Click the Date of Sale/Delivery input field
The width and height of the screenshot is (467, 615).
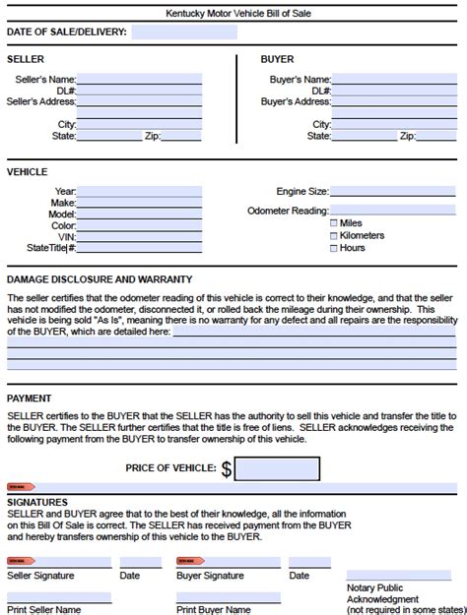pyautogui.click(x=183, y=32)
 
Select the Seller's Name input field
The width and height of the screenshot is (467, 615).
pyautogui.click(x=139, y=79)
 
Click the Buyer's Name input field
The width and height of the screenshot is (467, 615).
pyautogui.click(x=394, y=79)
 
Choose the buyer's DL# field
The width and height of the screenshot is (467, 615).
pyautogui.click(x=394, y=91)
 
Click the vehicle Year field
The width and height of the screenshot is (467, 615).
pyautogui.click(x=139, y=192)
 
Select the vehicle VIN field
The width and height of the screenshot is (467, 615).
pyautogui.click(x=139, y=236)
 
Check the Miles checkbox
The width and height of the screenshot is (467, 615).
pyautogui.click(x=334, y=223)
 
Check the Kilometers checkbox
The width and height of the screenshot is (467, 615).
pyautogui.click(x=334, y=235)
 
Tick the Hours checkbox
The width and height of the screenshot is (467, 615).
pyautogui.click(x=334, y=247)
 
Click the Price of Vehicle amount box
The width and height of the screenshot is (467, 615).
pyautogui.click(x=277, y=468)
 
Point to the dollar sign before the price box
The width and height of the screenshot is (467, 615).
pyautogui.click(x=226, y=469)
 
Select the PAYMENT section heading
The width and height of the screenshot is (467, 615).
pyautogui.click(x=30, y=399)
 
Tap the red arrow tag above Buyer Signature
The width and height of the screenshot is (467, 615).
pyautogui.click(x=189, y=562)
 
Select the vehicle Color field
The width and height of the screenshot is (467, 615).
pyautogui.click(x=139, y=225)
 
